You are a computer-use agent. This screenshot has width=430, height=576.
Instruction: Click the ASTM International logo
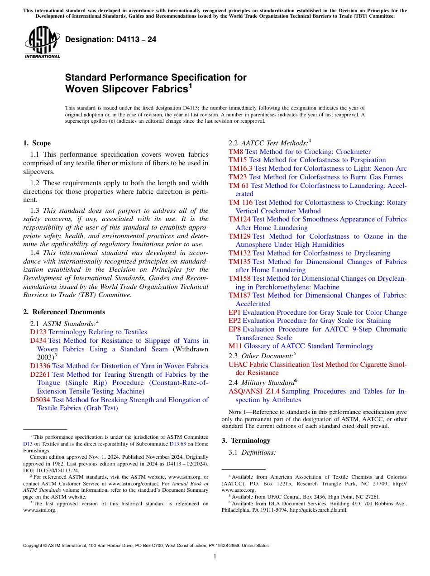42,43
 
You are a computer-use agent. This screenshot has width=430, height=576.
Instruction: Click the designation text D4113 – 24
111,40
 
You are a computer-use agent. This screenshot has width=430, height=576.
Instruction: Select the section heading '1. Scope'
37,143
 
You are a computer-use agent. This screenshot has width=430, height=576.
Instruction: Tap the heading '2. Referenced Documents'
64,312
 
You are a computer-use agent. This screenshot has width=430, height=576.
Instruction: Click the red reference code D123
38,332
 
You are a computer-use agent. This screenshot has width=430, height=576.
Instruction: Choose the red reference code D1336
40,366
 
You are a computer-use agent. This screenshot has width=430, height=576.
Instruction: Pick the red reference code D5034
40,400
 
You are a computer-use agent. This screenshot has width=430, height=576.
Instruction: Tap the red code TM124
239,219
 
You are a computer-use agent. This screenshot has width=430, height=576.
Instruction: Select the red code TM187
239,295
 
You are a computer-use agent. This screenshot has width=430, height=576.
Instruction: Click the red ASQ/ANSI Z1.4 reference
254,391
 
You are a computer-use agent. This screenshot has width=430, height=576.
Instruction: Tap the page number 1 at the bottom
215,556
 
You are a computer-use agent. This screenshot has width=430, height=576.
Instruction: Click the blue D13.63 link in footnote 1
177,444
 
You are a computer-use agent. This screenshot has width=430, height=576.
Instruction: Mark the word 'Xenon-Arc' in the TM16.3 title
391,168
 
